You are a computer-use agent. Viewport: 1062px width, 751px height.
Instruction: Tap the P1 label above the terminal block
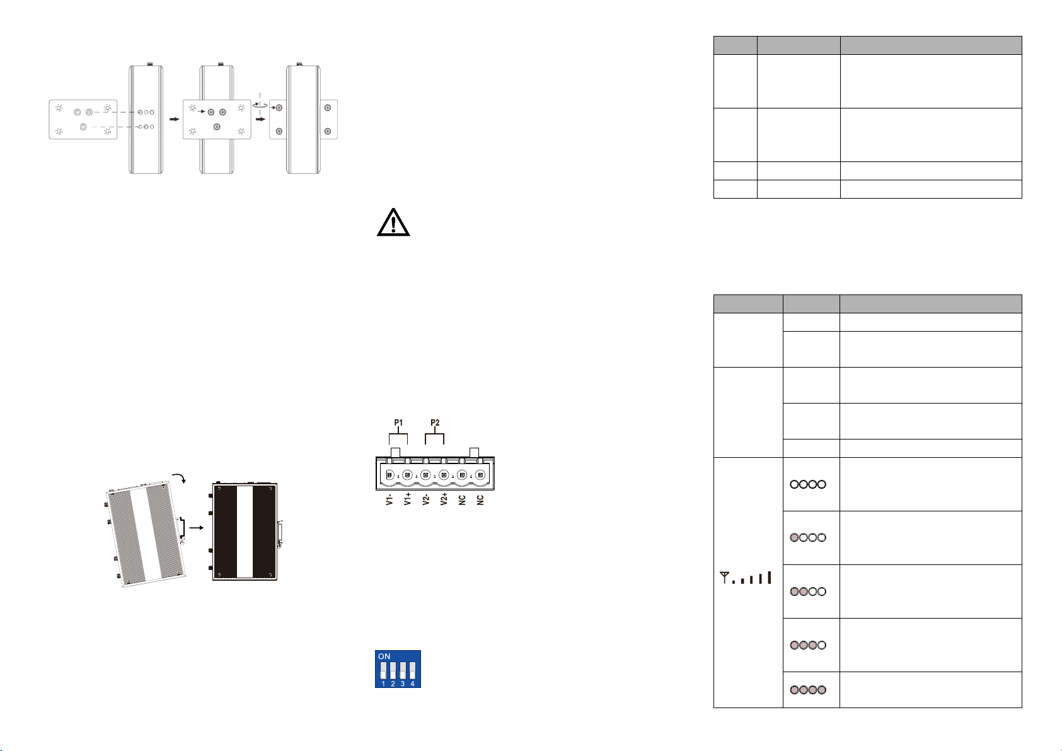[398, 422]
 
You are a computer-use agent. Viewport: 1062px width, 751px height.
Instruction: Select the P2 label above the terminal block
[435, 422]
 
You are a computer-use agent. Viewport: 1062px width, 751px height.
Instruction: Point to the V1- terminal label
[390, 499]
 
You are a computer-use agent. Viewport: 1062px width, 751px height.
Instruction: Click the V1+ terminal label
[408, 499]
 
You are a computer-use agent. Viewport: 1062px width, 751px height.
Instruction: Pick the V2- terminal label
[426, 499]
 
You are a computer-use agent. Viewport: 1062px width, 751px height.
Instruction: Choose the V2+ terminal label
[444, 499]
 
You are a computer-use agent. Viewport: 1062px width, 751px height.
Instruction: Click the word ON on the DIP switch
[384, 656]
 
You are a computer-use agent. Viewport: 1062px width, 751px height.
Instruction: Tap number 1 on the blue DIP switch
[383, 684]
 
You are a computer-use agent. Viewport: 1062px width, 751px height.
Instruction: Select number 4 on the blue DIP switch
[412, 684]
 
